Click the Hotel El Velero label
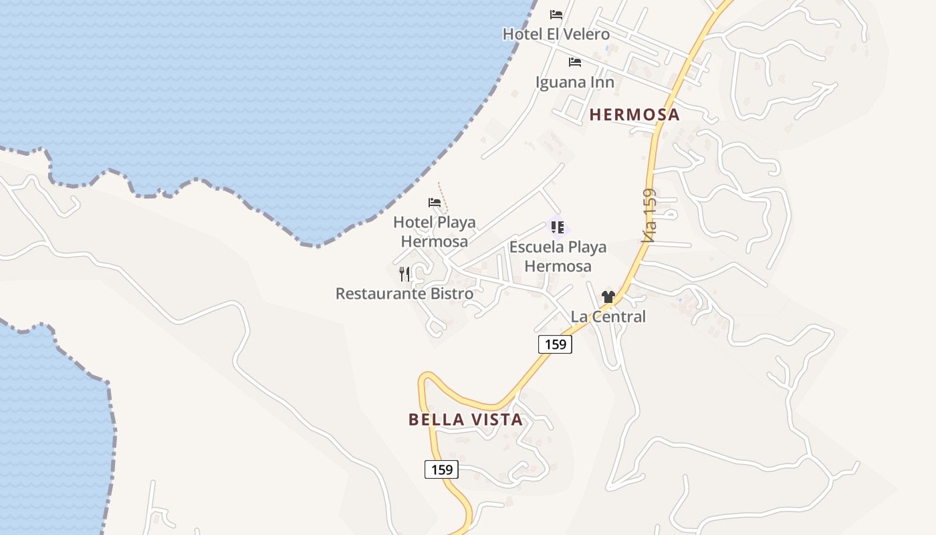coord(556,34)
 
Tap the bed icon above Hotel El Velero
coord(556,15)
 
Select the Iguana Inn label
coord(575,82)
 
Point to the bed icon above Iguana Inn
coord(575,62)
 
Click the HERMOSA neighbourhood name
coord(634,115)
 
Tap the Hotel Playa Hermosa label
coord(435,231)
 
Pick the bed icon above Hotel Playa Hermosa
coord(435,202)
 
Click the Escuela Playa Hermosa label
coord(558,256)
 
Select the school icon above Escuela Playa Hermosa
coord(558,227)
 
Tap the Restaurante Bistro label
coord(404,294)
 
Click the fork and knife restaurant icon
coord(404,274)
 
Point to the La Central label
coord(608,316)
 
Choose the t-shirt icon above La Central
coord(608,297)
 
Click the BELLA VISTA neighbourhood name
coord(465,420)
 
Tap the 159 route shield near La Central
coord(555,344)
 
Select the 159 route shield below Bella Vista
coord(442,469)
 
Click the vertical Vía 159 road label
coord(649,215)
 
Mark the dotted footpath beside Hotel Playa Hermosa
coord(443,198)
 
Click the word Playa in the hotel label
coord(453,222)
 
